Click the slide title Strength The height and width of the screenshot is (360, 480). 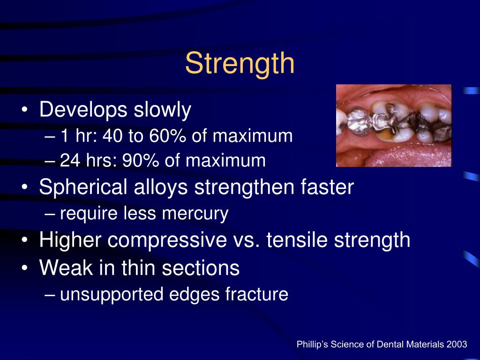click(x=240, y=64)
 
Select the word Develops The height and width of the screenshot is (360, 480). click(x=83, y=110)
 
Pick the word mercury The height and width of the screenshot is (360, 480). click(x=201, y=214)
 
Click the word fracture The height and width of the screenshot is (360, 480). click(x=256, y=294)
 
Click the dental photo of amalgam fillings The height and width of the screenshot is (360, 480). click(x=394, y=126)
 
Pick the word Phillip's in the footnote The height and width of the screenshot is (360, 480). click(x=313, y=345)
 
